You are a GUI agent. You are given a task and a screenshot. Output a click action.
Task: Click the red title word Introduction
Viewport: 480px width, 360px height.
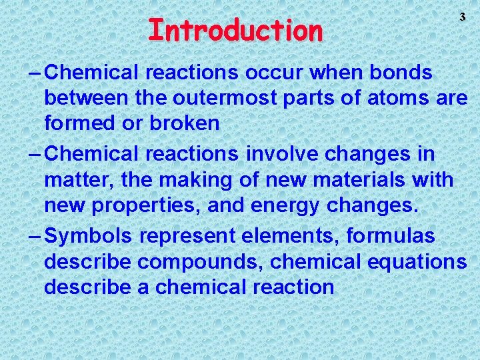(235, 30)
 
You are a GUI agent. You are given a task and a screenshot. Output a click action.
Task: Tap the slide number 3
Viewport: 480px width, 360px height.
(461, 17)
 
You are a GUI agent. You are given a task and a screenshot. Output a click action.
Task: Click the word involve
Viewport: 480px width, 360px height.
(285, 154)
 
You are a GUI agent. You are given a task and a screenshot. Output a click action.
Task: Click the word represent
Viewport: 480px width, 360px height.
(192, 235)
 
